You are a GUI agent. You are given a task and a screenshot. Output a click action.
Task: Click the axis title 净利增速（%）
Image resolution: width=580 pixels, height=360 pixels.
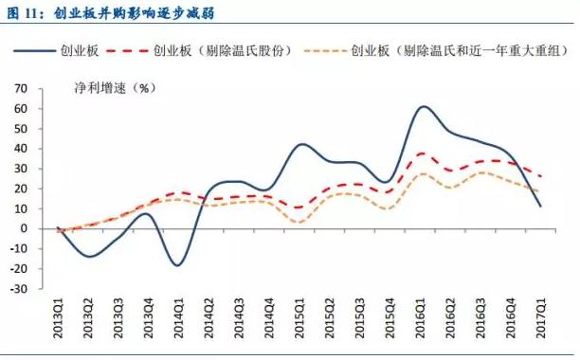[x=114, y=88]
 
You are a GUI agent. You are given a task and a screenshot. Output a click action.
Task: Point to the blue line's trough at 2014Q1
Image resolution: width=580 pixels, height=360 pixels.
[x=178, y=265]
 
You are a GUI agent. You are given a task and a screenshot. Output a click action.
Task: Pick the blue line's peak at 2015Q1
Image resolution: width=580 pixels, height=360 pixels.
[x=301, y=144]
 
